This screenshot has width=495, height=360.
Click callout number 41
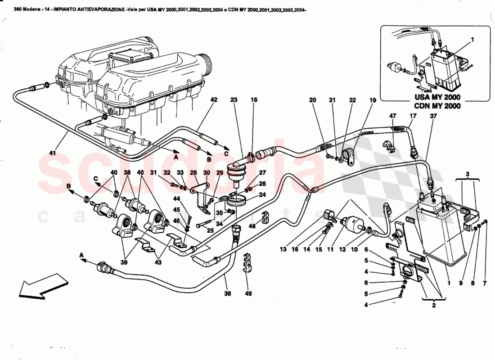[x=53, y=153]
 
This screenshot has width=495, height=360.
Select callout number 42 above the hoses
[x=213, y=99]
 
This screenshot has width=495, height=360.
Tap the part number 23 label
[x=233, y=99]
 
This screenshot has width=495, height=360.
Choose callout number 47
[x=393, y=116]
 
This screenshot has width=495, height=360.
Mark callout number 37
[x=433, y=116]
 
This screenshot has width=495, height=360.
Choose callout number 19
[x=372, y=99]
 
